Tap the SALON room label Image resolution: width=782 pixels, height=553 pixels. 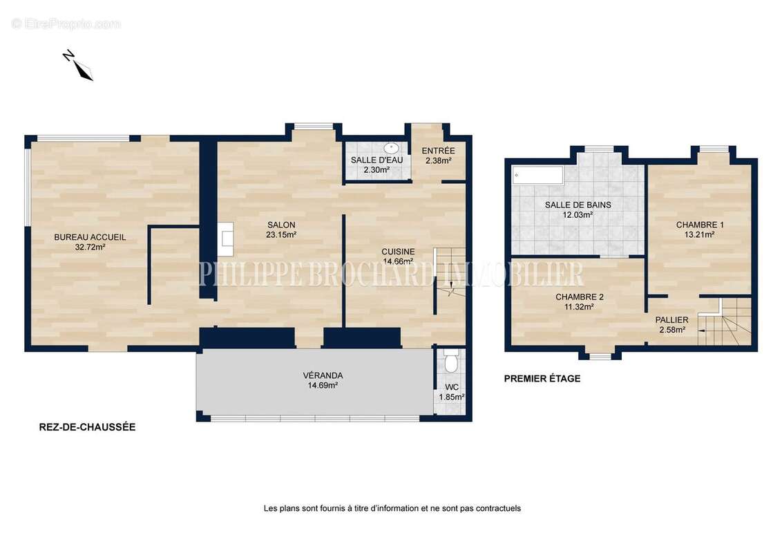click(x=281, y=225)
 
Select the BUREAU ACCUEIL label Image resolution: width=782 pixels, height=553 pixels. click(x=90, y=237)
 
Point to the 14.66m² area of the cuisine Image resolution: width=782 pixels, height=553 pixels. click(x=397, y=261)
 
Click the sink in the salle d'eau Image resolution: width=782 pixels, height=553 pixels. click(x=391, y=148)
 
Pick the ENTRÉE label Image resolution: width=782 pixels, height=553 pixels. click(x=439, y=151)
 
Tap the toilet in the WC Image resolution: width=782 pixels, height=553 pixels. click(x=451, y=360)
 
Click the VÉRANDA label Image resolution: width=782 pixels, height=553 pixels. click(x=323, y=375)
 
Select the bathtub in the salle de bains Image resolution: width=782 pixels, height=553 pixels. click(x=538, y=176)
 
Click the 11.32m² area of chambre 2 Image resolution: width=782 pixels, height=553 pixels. click(x=579, y=307)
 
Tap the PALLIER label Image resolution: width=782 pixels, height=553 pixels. click(x=671, y=320)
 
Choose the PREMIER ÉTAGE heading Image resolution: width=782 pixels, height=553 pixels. click(x=542, y=379)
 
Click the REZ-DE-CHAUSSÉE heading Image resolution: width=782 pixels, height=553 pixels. click(x=87, y=427)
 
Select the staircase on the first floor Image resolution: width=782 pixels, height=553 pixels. click(x=725, y=321)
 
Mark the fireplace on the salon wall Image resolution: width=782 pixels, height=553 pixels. click(x=225, y=239)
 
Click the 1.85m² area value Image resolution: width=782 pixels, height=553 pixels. click(x=451, y=397)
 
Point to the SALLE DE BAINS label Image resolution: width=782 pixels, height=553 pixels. click(x=578, y=205)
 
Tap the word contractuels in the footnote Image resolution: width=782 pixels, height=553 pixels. click(x=498, y=509)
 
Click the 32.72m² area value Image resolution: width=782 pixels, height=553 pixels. click(x=90, y=247)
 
